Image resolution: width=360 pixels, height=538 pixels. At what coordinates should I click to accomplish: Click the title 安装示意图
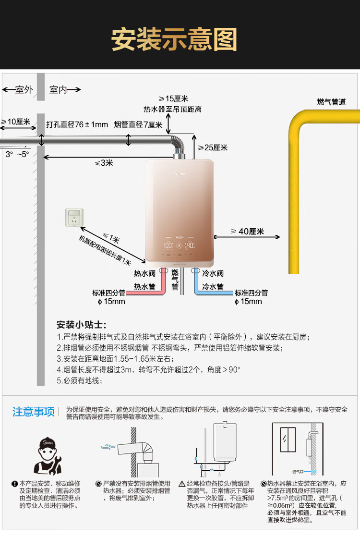click(174, 39)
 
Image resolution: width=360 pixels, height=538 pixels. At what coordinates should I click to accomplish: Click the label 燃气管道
click(331, 102)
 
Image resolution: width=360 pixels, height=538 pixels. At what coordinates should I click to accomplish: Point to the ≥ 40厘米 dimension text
click(247, 232)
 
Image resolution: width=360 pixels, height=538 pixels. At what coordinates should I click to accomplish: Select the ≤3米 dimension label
click(104, 163)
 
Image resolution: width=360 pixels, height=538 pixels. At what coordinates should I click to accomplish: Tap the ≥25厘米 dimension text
click(213, 147)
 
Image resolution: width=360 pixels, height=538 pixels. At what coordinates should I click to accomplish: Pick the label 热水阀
click(144, 274)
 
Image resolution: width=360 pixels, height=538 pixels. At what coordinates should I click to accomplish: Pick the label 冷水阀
click(213, 274)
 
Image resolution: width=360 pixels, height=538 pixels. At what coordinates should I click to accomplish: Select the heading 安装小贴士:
click(81, 324)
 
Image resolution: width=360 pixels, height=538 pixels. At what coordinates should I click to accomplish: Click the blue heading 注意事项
click(34, 412)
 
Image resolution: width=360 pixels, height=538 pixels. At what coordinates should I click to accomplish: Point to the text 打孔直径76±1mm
click(77, 124)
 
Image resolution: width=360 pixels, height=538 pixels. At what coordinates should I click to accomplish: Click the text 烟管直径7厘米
click(138, 124)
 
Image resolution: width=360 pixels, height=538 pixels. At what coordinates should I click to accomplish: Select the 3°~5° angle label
click(17, 154)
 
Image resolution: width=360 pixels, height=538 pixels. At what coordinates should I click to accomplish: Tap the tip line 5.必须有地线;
click(80, 380)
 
